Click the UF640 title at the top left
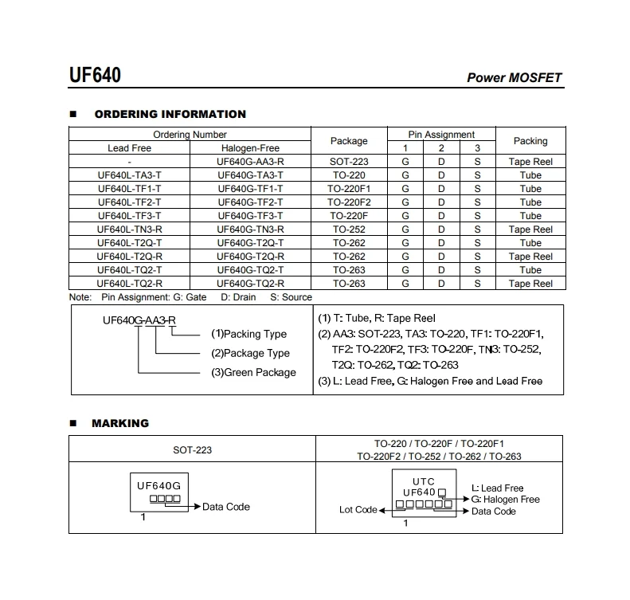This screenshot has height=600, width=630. click(x=95, y=76)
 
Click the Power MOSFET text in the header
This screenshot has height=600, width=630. click(x=514, y=78)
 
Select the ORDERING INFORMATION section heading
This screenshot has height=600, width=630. click(x=170, y=114)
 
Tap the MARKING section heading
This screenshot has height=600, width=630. click(x=120, y=423)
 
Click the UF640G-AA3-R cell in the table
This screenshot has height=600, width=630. click(x=250, y=162)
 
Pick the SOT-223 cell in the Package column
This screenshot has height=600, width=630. click(x=349, y=162)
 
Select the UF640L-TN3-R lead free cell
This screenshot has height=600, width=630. click(x=129, y=229)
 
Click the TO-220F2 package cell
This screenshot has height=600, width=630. click(x=349, y=202)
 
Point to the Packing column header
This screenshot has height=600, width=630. click(x=530, y=141)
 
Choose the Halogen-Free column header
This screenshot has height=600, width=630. click(x=250, y=148)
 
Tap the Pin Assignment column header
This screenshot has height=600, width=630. click(x=440, y=135)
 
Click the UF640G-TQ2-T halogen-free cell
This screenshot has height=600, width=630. click(x=250, y=270)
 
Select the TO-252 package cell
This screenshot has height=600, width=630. click(x=349, y=229)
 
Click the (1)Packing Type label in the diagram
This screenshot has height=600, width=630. click(x=248, y=334)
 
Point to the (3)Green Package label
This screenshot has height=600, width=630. click(x=253, y=372)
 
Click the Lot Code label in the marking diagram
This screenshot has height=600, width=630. click(x=358, y=510)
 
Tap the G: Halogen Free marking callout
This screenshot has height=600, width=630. click(x=505, y=500)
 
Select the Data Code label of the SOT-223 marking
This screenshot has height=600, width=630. click(x=225, y=507)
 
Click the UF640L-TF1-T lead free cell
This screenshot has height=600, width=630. click(x=129, y=189)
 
